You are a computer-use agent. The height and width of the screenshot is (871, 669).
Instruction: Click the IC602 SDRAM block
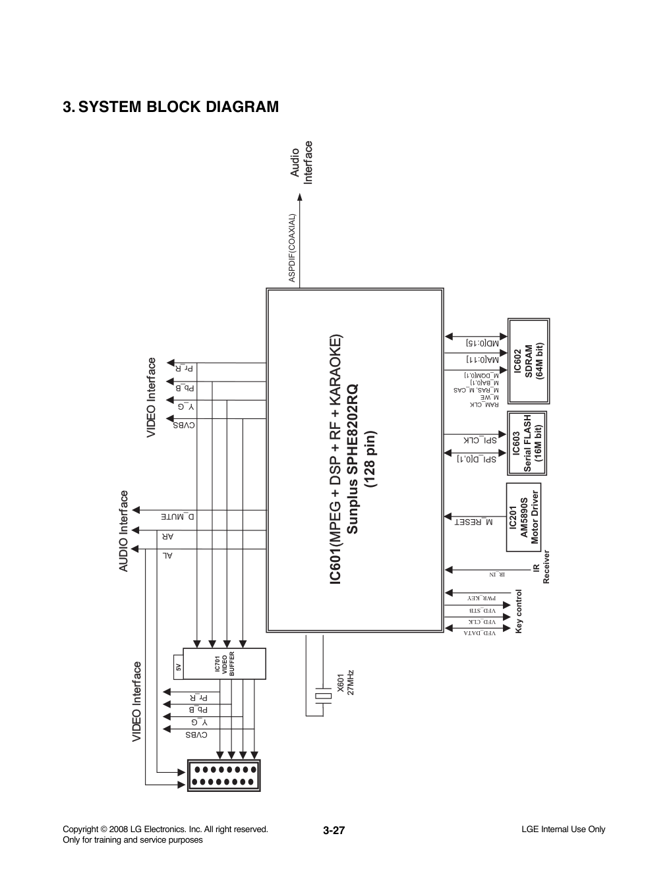528,362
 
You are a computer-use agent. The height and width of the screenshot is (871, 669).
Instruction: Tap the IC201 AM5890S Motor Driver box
525,518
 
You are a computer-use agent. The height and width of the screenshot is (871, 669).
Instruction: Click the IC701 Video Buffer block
224,664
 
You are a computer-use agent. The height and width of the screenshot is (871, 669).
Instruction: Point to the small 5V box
177,667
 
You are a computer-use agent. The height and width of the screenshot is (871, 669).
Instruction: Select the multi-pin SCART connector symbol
225,775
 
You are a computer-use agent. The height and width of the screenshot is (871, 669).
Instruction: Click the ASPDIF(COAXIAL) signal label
291,248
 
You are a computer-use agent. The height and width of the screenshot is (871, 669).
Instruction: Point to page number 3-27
334,831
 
